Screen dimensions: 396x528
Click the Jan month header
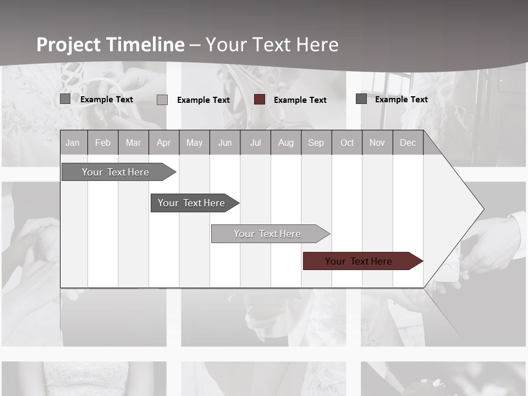tap(73, 143)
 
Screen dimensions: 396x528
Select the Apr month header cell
tap(163, 143)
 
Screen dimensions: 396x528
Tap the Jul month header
tap(255, 143)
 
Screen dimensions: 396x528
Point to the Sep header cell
tap(316, 143)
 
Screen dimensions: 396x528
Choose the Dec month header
tap(408, 143)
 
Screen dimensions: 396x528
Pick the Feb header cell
tap(103, 143)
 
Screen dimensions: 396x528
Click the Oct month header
tap(347, 143)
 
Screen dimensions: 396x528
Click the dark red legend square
tap(260, 100)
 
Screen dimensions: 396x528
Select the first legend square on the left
tap(65, 99)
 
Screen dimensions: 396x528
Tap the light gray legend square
tap(162, 100)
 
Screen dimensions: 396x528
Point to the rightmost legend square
tap(361, 99)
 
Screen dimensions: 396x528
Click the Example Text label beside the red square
tap(300, 100)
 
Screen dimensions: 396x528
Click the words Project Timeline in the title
tap(110, 45)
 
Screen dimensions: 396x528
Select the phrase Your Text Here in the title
tap(272, 45)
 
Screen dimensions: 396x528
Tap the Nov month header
tap(377, 143)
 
